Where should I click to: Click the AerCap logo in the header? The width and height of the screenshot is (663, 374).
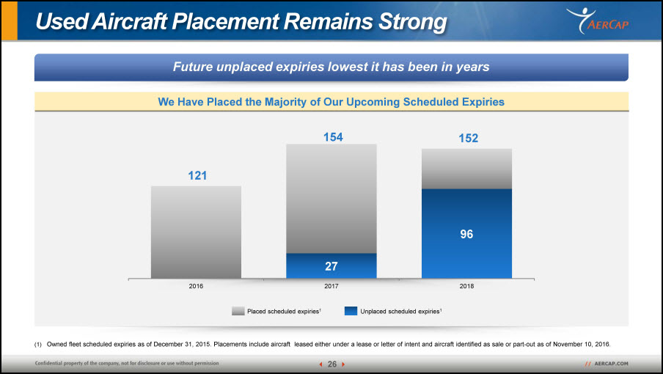[598, 21]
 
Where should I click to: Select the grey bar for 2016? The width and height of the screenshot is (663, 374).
[197, 232]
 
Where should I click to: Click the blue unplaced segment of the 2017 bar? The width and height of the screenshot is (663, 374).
[331, 265]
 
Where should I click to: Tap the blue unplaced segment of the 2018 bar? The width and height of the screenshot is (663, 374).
[466, 234]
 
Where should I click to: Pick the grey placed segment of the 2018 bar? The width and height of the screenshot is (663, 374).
[466, 169]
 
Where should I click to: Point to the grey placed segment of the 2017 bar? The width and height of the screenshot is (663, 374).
[331, 199]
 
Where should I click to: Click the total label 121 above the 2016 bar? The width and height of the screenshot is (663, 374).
[197, 175]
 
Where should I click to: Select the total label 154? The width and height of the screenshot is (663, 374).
[333, 137]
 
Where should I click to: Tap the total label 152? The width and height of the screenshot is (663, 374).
[469, 138]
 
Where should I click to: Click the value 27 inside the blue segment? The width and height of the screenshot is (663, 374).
[331, 266]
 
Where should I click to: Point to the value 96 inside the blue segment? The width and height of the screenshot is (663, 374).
[466, 234]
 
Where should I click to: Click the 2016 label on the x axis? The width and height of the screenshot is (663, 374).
[196, 286]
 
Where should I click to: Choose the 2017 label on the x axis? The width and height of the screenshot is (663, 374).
[331, 286]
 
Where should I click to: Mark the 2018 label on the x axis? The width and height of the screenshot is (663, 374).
[466, 286]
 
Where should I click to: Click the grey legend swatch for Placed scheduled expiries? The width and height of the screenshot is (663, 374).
[238, 311]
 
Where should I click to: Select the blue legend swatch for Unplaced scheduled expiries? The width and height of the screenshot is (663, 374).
[351, 311]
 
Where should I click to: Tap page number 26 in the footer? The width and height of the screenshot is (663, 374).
[332, 364]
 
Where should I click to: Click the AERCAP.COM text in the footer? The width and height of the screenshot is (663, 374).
[611, 364]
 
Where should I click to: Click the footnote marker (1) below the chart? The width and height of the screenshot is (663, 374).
[38, 345]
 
